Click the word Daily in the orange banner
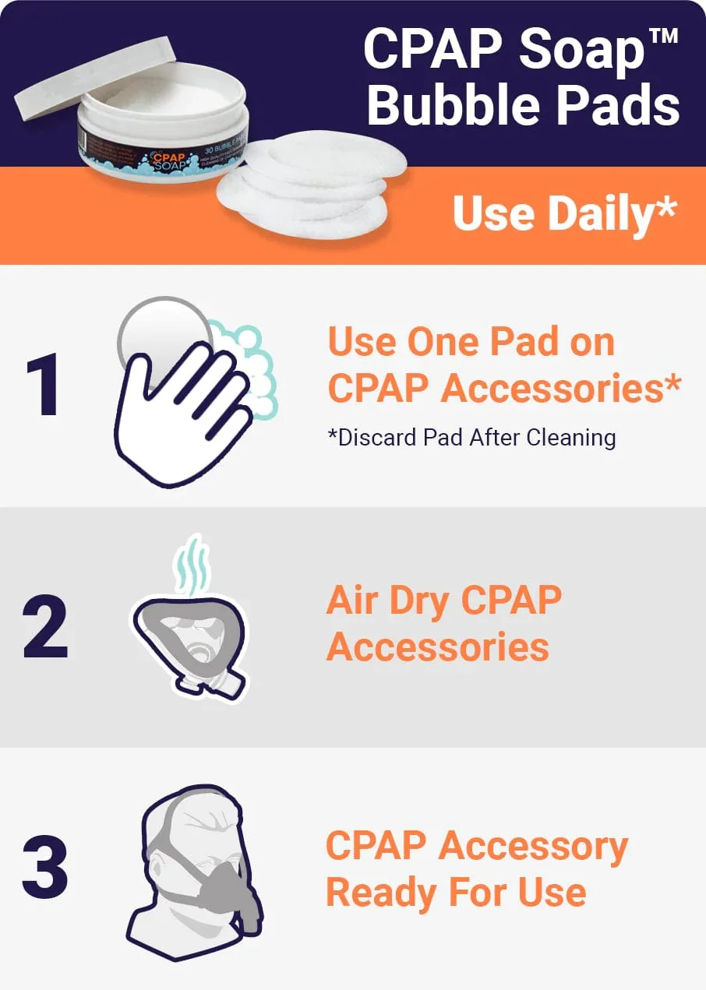(x=600, y=213)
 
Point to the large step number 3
(x=45, y=866)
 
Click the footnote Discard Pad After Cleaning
(x=471, y=437)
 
